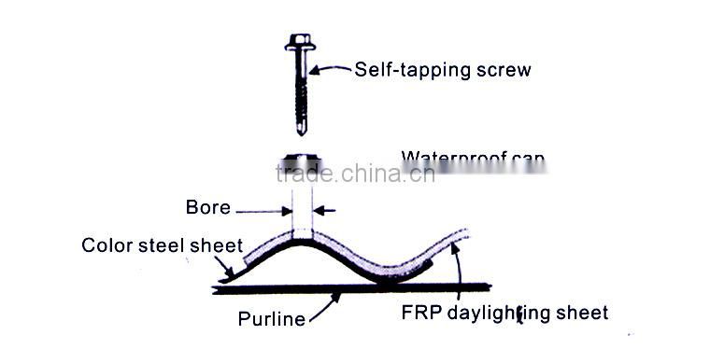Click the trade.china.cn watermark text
click(x=355, y=173)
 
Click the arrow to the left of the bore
click(x=281, y=208)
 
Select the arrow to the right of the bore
click(x=320, y=208)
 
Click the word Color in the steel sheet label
click(x=106, y=246)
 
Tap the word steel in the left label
click(x=158, y=246)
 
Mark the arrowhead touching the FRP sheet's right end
click(x=457, y=245)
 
